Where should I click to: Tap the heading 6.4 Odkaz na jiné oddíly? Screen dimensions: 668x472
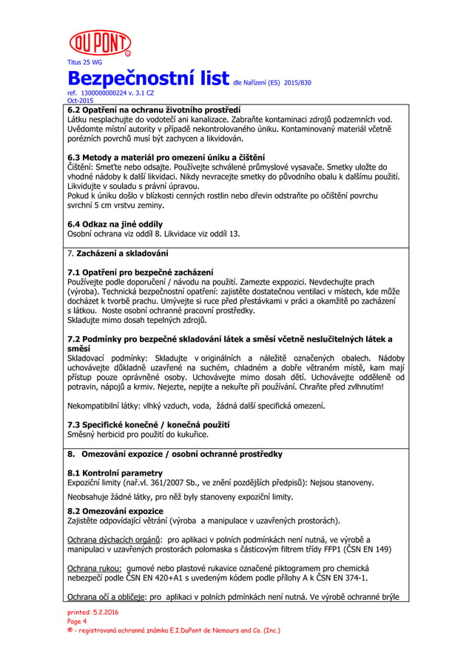[x=115, y=224]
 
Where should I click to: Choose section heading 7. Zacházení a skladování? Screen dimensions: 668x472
[x=116, y=254]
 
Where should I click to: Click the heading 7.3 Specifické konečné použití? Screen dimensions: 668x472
[x=148, y=425]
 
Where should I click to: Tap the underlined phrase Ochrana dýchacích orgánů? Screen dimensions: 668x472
[x=115, y=540]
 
